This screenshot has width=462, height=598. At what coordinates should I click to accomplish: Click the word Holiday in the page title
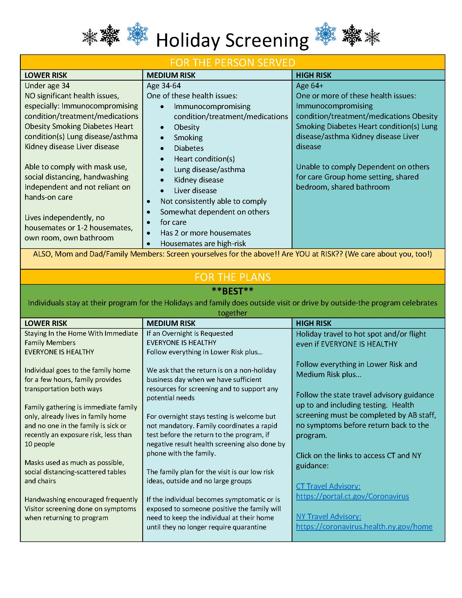point(188,40)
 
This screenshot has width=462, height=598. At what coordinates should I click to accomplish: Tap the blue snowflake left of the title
point(137,34)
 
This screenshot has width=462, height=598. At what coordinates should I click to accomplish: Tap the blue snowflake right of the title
point(325,34)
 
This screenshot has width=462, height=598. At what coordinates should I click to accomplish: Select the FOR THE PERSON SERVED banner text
point(232,63)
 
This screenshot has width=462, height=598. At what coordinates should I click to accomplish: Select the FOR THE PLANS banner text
point(232,277)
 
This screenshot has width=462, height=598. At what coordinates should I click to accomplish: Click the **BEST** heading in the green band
point(232,291)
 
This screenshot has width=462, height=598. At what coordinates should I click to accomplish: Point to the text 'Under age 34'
point(47,86)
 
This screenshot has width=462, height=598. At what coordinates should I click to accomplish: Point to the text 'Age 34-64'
point(164,86)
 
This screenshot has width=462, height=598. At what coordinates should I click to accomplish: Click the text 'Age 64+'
point(309,86)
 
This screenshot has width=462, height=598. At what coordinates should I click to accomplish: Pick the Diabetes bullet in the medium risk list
point(189,148)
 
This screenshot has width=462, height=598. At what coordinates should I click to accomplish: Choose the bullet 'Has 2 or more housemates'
point(205,233)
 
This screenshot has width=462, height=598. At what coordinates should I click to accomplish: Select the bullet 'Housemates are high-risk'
point(203,243)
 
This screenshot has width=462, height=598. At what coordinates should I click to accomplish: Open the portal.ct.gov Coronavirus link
point(352,496)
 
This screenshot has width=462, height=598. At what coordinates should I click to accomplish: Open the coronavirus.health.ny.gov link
point(364,526)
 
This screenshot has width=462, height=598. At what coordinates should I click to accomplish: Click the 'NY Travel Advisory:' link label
point(328,516)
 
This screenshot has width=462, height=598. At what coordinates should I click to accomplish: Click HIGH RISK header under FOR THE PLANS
point(313,323)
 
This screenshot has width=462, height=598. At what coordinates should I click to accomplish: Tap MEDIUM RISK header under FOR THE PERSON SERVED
point(171,75)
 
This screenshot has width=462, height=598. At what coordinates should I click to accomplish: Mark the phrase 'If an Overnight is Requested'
point(190,333)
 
